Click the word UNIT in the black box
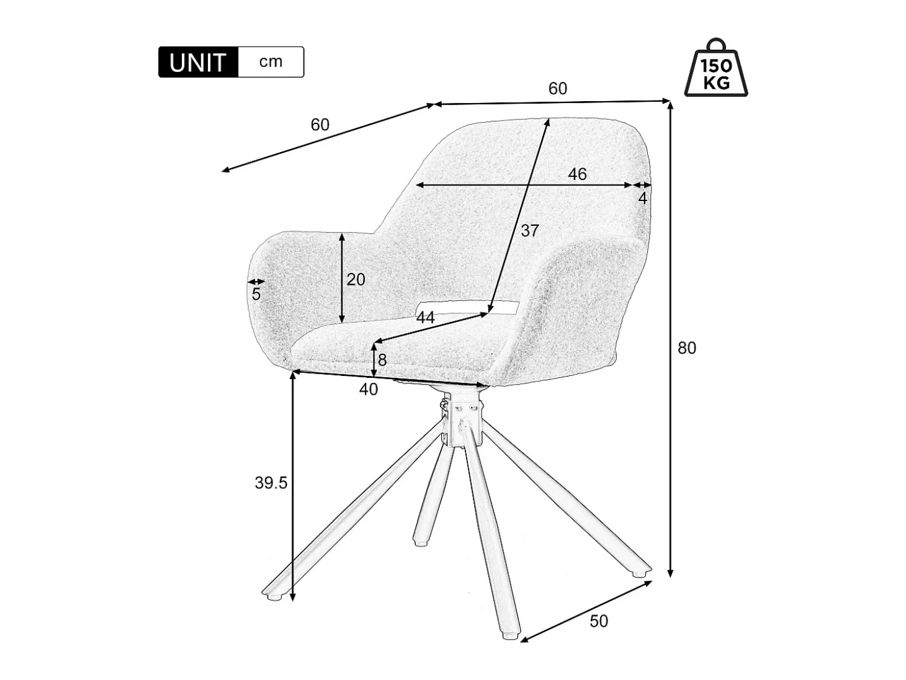click(x=197, y=62)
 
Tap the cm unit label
click(x=271, y=61)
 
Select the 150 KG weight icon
click(x=715, y=68)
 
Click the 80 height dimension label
click(x=687, y=348)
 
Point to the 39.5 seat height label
click(x=271, y=483)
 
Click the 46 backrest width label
click(x=578, y=174)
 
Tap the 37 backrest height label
click(x=530, y=231)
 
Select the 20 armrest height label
click(x=356, y=280)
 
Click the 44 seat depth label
click(x=426, y=318)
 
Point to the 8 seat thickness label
click(x=382, y=360)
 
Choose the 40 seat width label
click(x=369, y=390)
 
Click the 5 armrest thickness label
click(x=256, y=294)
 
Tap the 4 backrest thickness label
click(x=643, y=199)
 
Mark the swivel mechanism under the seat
click(x=462, y=420)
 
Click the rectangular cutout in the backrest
click(x=468, y=308)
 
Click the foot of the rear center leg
click(x=421, y=543)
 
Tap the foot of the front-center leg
click(x=511, y=636)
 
